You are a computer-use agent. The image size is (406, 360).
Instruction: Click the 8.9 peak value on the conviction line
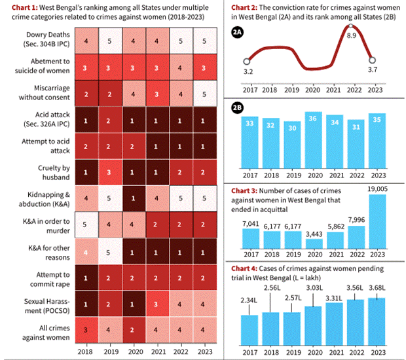[x=352, y=35]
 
